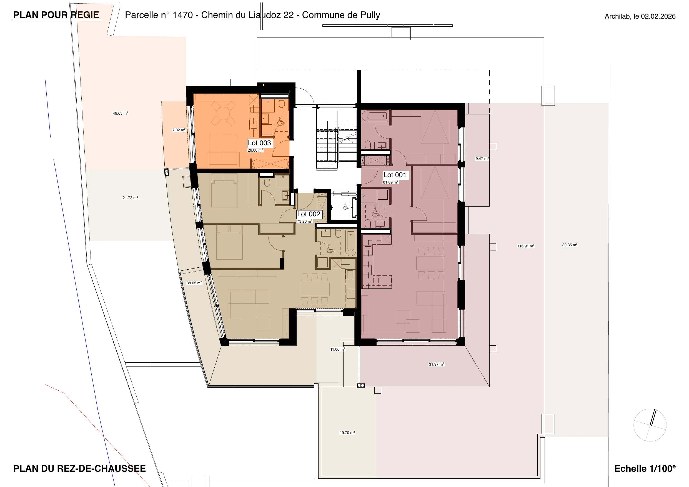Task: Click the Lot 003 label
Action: (x=260, y=143)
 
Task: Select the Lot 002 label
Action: (x=309, y=214)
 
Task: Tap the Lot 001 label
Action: (x=395, y=175)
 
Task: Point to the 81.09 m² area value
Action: (x=390, y=182)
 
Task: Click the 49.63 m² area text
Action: (x=120, y=114)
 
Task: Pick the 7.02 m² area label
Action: (x=179, y=130)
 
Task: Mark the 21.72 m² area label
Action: (x=130, y=198)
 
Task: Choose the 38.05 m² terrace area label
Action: (x=194, y=283)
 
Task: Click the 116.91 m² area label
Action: (x=526, y=246)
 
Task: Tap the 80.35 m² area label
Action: (x=570, y=245)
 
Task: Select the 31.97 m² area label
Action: (x=436, y=364)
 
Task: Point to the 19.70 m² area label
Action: (x=347, y=433)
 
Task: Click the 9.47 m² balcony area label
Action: (x=482, y=159)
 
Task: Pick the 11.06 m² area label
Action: (x=338, y=349)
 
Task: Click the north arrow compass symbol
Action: (x=650, y=425)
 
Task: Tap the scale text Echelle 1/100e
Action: (x=645, y=468)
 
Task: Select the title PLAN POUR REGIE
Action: (x=56, y=15)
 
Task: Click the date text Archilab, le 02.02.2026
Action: (x=640, y=16)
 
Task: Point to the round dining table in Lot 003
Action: (x=223, y=114)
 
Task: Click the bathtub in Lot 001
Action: (x=375, y=116)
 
